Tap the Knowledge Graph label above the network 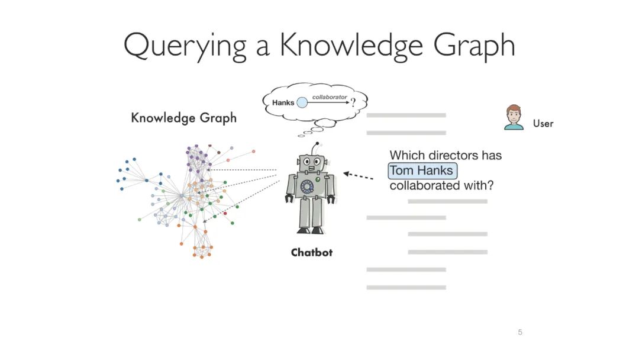(183, 118)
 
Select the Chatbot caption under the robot (312, 253)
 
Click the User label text (543, 124)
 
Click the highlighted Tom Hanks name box (422, 171)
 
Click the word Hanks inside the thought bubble (283, 102)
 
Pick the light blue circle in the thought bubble (302, 102)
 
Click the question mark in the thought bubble (353, 102)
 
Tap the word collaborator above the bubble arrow (330, 97)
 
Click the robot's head (311, 162)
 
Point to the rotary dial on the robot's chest (307, 187)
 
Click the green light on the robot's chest (318, 178)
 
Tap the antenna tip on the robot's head (318, 144)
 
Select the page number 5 (520, 332)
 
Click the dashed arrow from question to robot (359, 175)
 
